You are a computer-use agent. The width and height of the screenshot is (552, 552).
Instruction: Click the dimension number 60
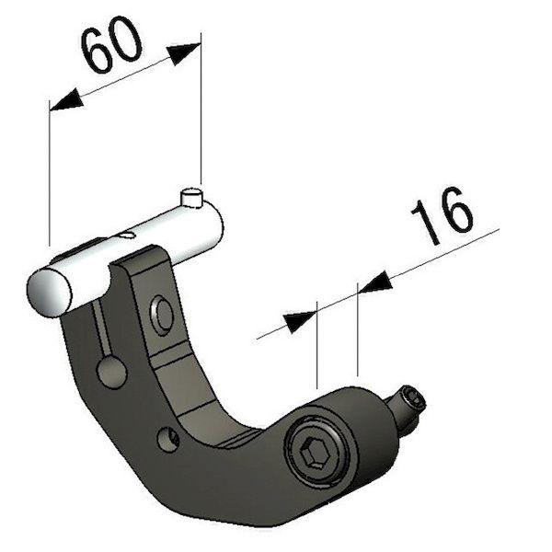pyautogui.click(x=112, y=44)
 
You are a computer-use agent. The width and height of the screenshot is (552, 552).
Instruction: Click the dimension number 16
pyautogui.click(x=442, y=214)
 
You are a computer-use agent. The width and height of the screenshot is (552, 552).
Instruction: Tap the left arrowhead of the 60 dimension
pyautogui.click(x=66, y=100)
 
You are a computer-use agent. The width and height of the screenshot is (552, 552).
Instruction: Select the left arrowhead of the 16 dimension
pyautogui.click(x=300, y=321)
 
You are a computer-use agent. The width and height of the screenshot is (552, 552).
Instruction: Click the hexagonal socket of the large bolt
pyautogui.click(x=314, y=453)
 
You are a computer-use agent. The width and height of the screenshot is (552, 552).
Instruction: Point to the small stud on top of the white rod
pyautogui.click(x=192, y=198)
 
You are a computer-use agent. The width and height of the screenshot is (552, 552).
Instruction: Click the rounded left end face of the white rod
pyautogui.click(x=49, y=293)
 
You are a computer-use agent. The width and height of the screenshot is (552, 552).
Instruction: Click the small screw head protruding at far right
pyautogui.click(x=412, y=400)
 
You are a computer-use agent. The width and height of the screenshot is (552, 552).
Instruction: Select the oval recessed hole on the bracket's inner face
pyautogui.click(x=162, y=316)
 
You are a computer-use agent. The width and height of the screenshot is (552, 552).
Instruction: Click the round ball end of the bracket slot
pyautogui.click(x=111, y=373)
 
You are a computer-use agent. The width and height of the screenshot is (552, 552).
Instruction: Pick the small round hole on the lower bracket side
pyautogui.click(x=168, y=440)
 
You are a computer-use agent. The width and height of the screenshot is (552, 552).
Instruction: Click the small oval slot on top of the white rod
pyautogui.click(x=128, y=235)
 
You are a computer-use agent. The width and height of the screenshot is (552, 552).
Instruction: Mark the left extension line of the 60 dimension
pyautogui.click(x=50, y=173)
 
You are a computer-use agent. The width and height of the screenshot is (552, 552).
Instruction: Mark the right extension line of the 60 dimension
pyautogui.click(x=201, y=109)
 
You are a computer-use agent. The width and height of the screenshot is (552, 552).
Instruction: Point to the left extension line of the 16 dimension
pyautogui.click(x=317, y=345)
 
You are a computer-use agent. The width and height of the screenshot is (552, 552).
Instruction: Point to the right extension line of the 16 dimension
pyautogui.click(x=358, y=329)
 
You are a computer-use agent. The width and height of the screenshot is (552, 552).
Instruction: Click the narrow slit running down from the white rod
pyautogui.click(x=101, y=328)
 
